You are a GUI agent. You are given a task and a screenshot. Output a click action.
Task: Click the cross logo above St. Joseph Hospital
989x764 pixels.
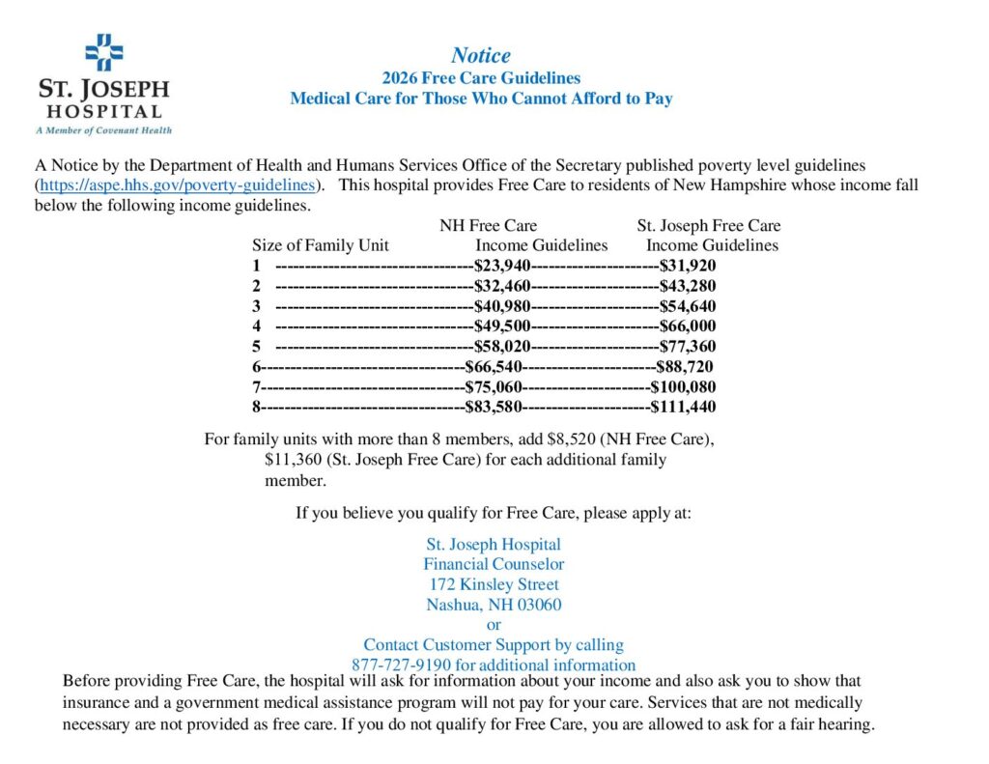click(103, 52)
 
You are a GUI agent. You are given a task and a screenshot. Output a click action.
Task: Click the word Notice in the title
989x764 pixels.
click(481, 55)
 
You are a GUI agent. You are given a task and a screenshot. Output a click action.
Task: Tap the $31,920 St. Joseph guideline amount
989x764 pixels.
click(688, 266)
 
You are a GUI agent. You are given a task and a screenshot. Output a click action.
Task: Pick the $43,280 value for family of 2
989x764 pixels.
click(688, 286)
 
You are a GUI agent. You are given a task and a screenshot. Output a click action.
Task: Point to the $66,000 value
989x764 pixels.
click(688, 326)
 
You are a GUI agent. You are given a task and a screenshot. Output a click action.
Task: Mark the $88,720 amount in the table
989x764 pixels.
click(685, 366)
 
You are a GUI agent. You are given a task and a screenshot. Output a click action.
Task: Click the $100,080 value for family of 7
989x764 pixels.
click(683, 386)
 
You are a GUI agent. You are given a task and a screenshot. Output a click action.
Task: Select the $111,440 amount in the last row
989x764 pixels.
click(683, 407)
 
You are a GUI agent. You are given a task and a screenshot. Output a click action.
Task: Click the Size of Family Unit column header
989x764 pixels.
click(321, 245)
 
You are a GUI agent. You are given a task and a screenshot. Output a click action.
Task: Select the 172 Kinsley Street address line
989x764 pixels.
click(494, 584)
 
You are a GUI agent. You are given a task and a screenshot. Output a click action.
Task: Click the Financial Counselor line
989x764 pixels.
click(494, 564)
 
